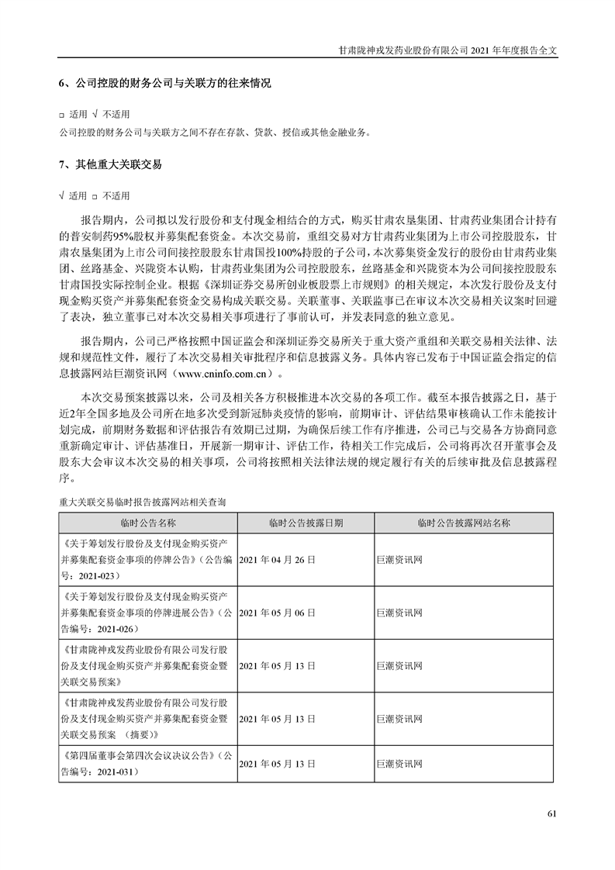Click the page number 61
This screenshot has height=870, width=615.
tap(551, 814)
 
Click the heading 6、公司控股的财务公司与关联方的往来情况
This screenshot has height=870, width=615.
tap(164, 82)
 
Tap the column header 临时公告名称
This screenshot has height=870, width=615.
tap(148, 523)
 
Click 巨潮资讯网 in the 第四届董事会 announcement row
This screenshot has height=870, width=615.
tap(398, 764)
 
